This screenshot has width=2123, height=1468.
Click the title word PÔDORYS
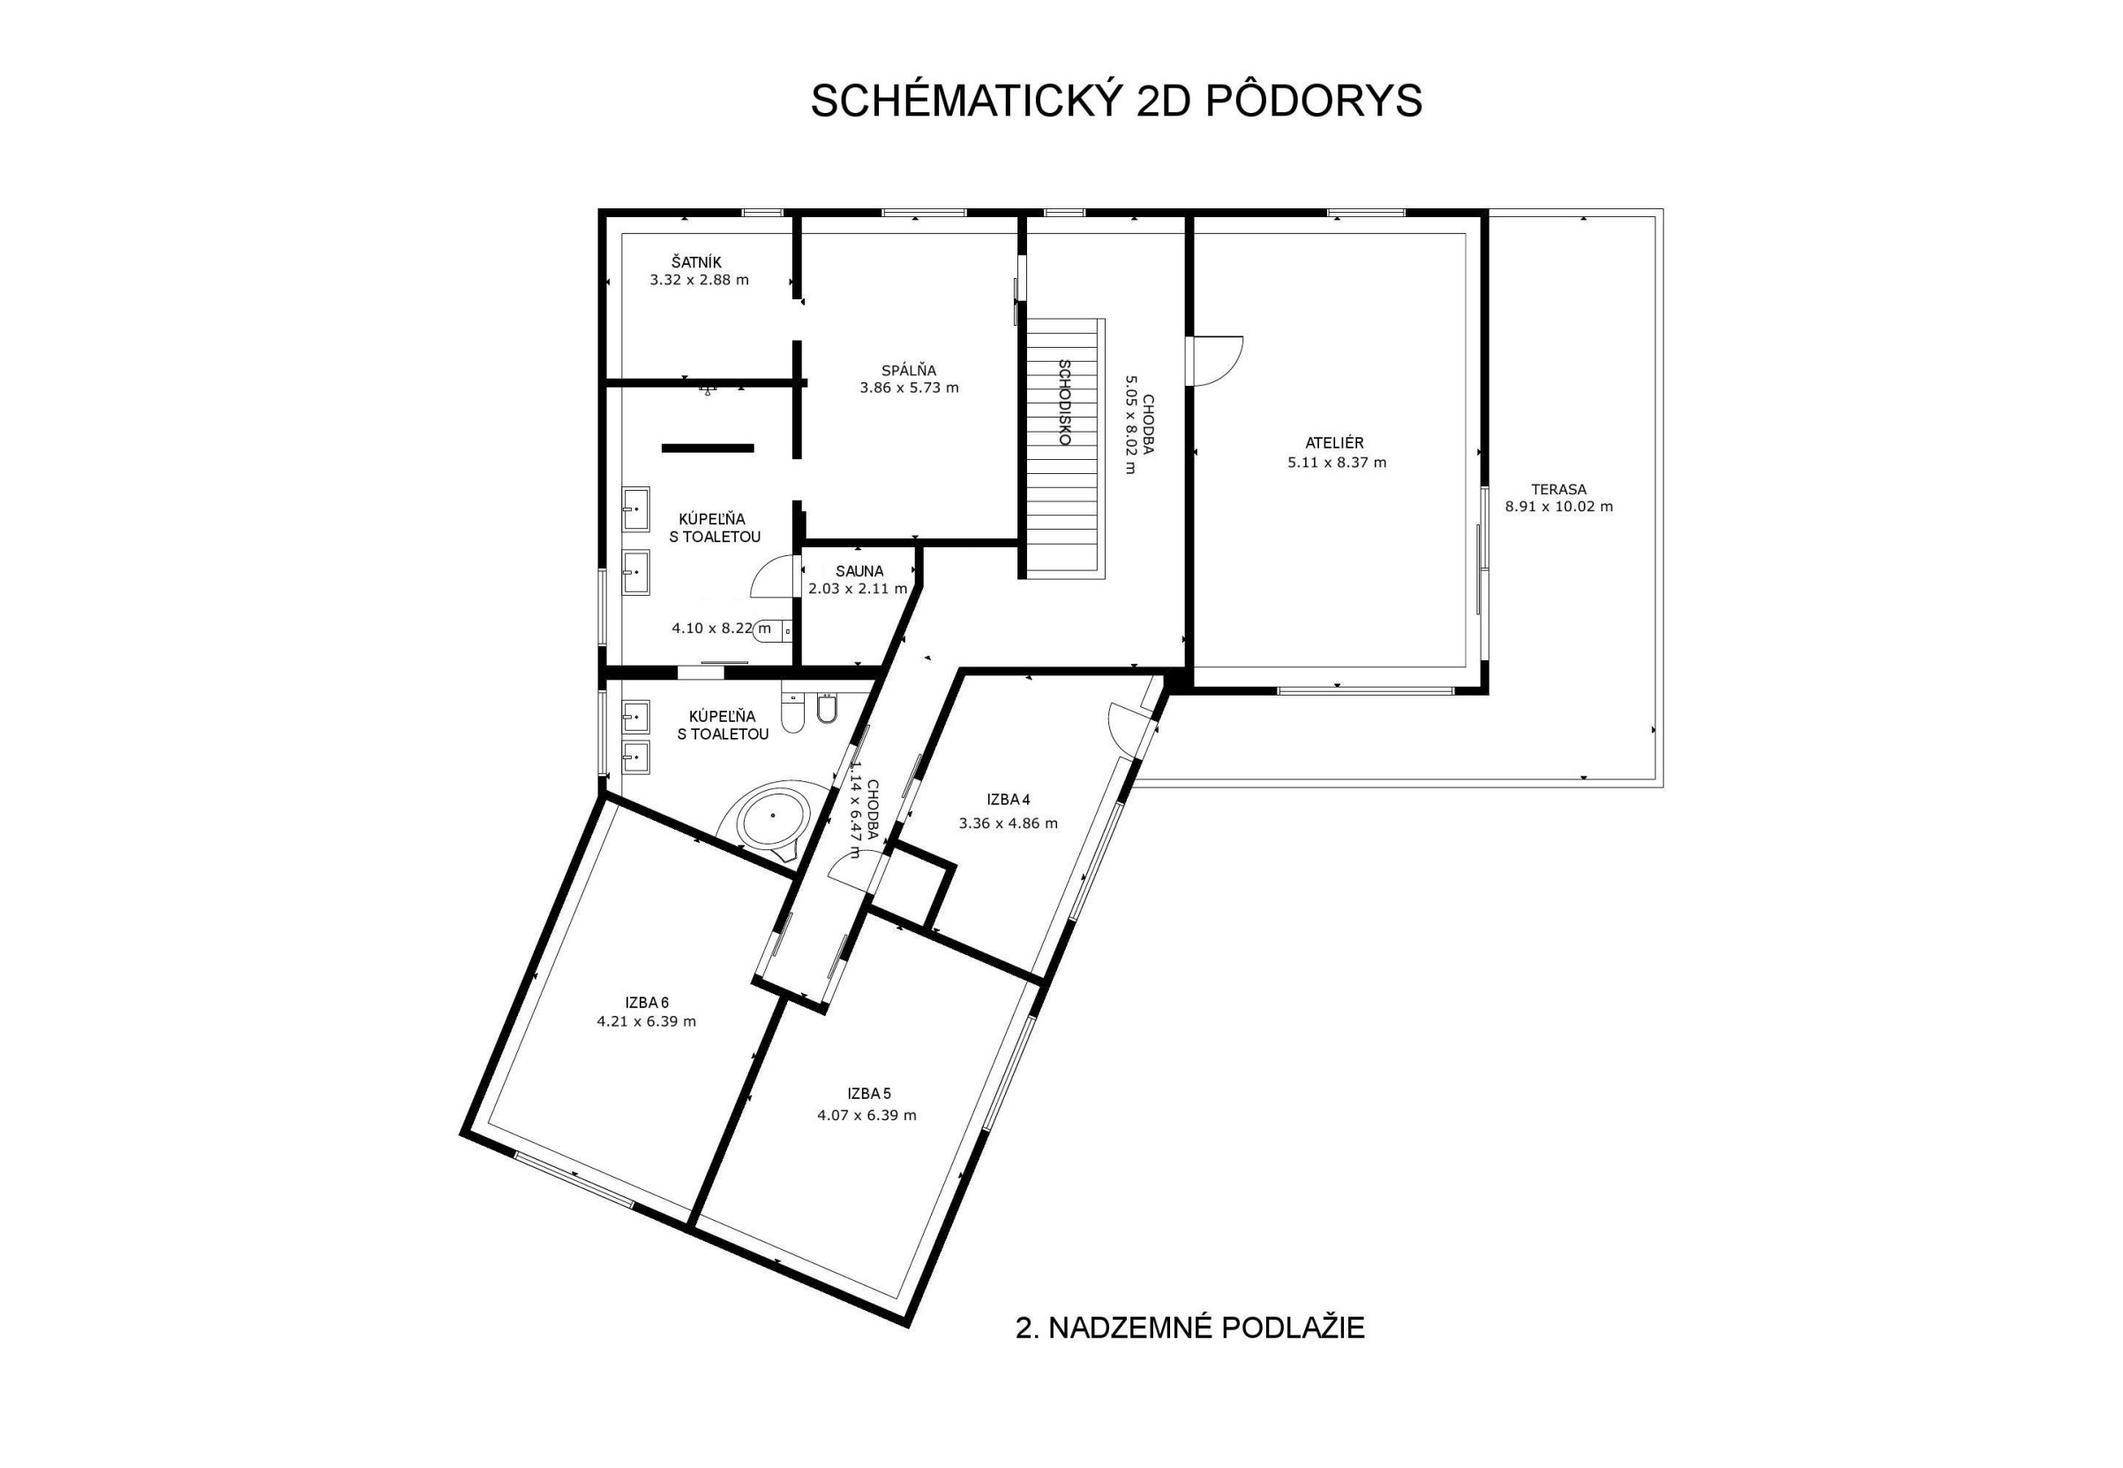[x=1313, y=102]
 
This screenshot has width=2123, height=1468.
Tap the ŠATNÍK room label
[x=696, y=263]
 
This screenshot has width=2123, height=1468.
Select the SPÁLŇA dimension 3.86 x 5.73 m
[x=909, y=388]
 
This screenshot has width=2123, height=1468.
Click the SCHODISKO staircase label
[x=1065, y=402]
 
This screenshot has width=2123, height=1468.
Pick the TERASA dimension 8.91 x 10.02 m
[x=1558, y=506]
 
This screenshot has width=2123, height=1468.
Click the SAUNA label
[x=859, y=571]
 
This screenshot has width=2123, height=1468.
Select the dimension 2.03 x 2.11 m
[x=857, y=589]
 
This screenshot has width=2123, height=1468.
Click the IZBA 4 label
[x=1008, y=799]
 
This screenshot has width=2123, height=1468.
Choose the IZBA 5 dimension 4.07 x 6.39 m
[x=866, y=1116]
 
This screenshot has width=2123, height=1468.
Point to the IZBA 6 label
[x=647, y=1003]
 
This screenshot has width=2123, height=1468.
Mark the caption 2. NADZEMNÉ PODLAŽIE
[x=1189, y=1328]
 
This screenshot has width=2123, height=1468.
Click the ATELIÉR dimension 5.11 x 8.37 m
[x=1337, y=463]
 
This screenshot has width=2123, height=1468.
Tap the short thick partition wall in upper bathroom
[x=707, y=448]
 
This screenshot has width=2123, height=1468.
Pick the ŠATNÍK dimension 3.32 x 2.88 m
[x=699, y=280]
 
